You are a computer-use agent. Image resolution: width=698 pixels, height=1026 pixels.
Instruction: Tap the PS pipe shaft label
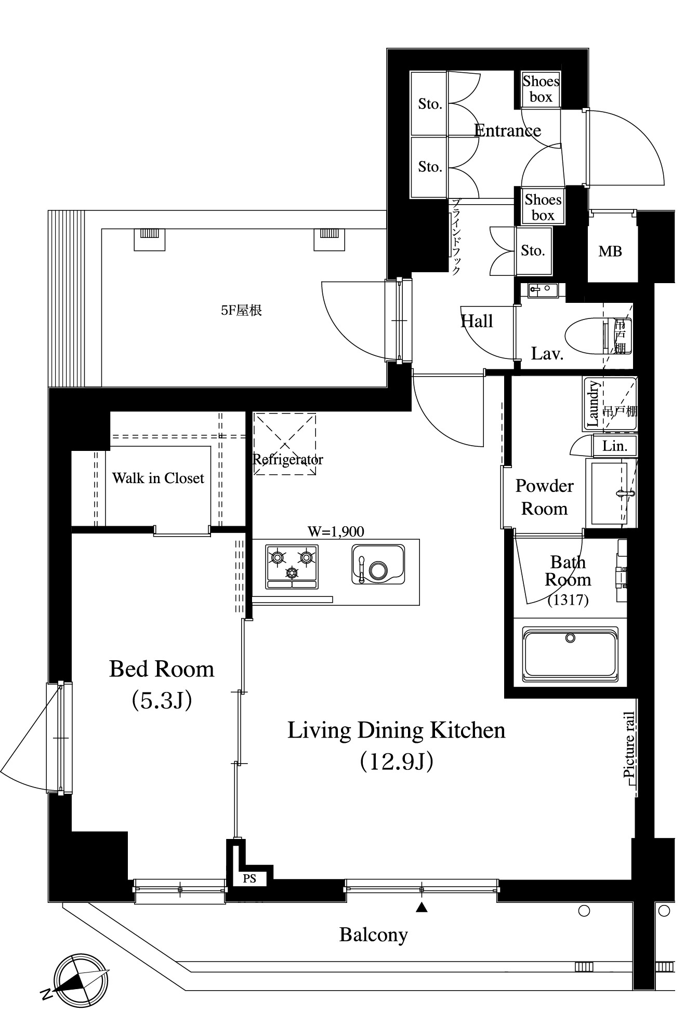(249, 878)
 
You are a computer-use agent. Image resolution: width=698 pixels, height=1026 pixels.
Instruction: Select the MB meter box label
(610, 251)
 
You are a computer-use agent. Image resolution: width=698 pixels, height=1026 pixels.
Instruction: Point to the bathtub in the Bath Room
(570, 653)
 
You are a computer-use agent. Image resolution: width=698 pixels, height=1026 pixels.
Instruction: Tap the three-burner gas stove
(292, 566)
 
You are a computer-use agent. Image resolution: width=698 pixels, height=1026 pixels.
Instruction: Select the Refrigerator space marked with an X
(285, 444)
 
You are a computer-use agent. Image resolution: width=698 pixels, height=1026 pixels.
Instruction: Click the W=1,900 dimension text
(336, 531)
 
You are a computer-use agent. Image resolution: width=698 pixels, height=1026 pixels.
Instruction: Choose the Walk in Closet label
(158, 478)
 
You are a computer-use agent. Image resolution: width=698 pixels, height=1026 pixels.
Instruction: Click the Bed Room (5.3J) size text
(162, 700)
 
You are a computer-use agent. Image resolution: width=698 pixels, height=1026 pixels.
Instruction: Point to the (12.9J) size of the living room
(397, 762)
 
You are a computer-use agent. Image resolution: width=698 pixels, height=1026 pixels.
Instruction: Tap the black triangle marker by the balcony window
(422, 908)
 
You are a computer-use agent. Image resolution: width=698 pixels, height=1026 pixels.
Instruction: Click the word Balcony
(374, 935)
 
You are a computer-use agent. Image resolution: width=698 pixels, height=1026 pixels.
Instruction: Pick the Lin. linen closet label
(615, 446)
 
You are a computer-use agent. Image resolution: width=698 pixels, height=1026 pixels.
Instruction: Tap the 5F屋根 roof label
(241, 311)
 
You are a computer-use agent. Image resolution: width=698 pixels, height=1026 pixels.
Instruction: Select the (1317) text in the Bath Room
(568, 600)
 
